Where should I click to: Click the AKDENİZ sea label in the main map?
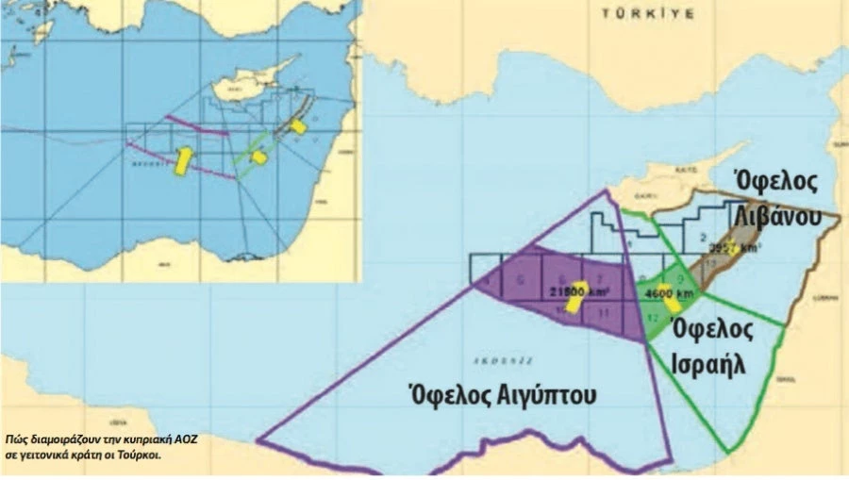(x=490, y=359)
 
